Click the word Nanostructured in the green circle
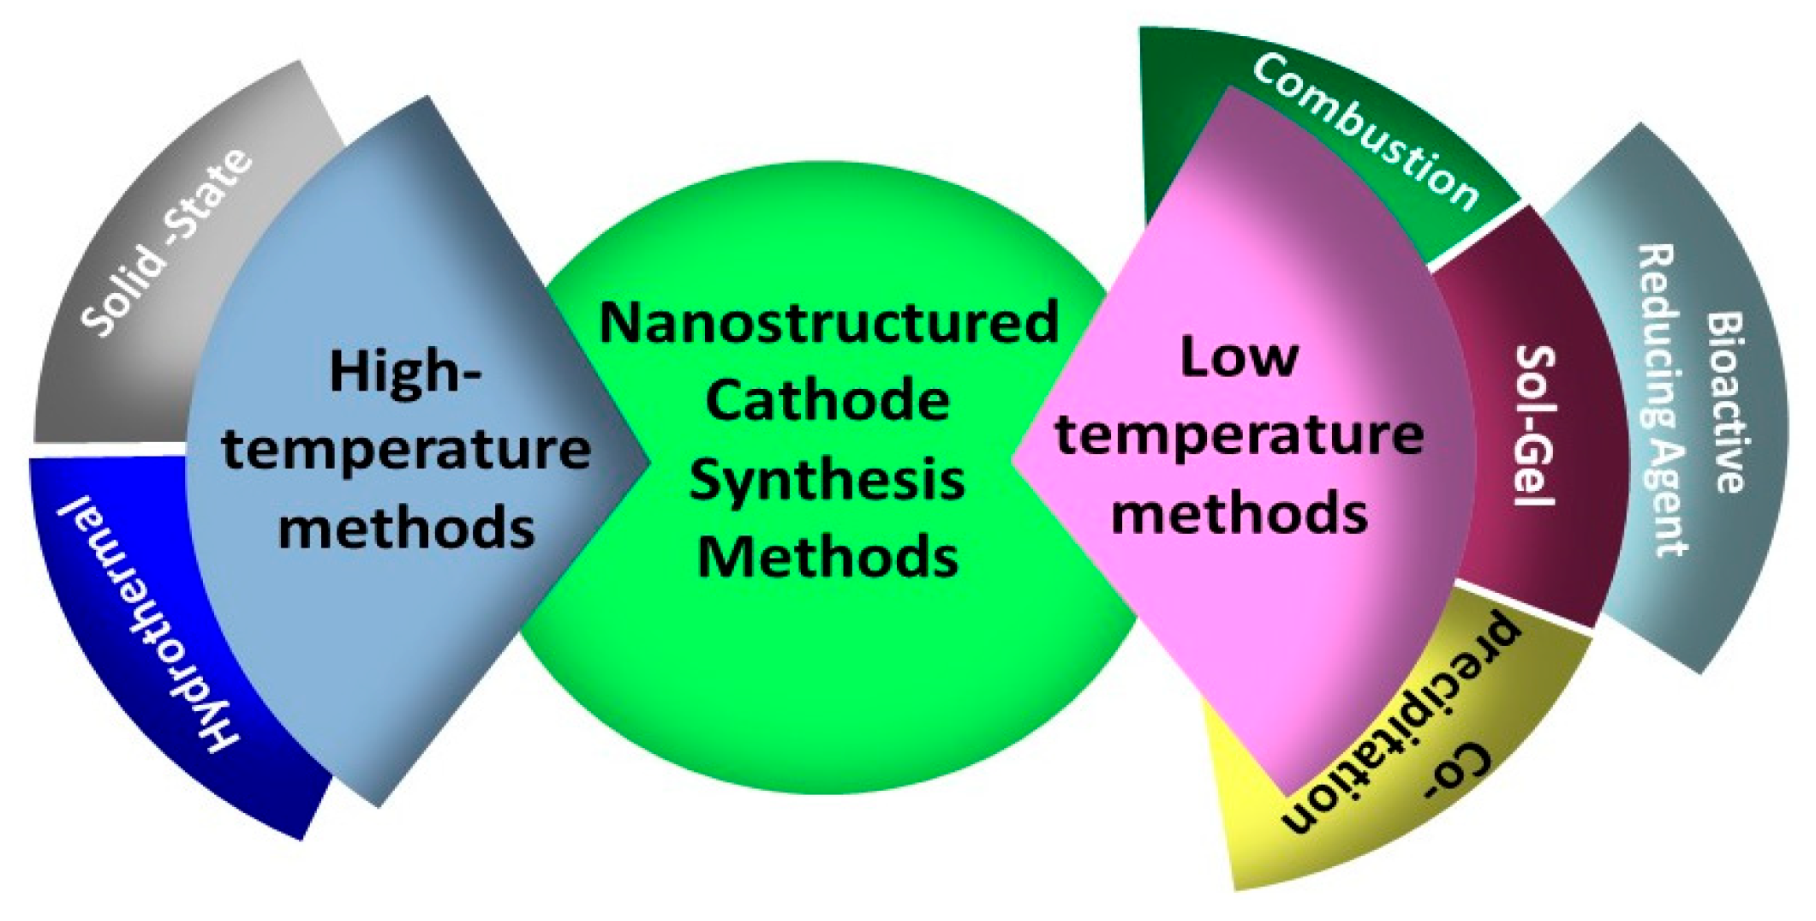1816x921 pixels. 828,322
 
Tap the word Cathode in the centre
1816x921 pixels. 827,400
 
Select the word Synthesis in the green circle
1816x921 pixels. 827,481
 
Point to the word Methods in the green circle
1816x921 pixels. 827,557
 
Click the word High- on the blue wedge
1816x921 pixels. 405,373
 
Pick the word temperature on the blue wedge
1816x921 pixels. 406,450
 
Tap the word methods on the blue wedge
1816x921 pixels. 406,527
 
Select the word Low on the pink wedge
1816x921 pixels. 1239,356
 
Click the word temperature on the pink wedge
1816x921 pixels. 1240,435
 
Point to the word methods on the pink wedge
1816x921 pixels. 1240,512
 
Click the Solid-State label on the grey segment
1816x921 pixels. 168,242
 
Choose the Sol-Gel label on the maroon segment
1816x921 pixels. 1534,425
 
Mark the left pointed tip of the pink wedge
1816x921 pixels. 1012,458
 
